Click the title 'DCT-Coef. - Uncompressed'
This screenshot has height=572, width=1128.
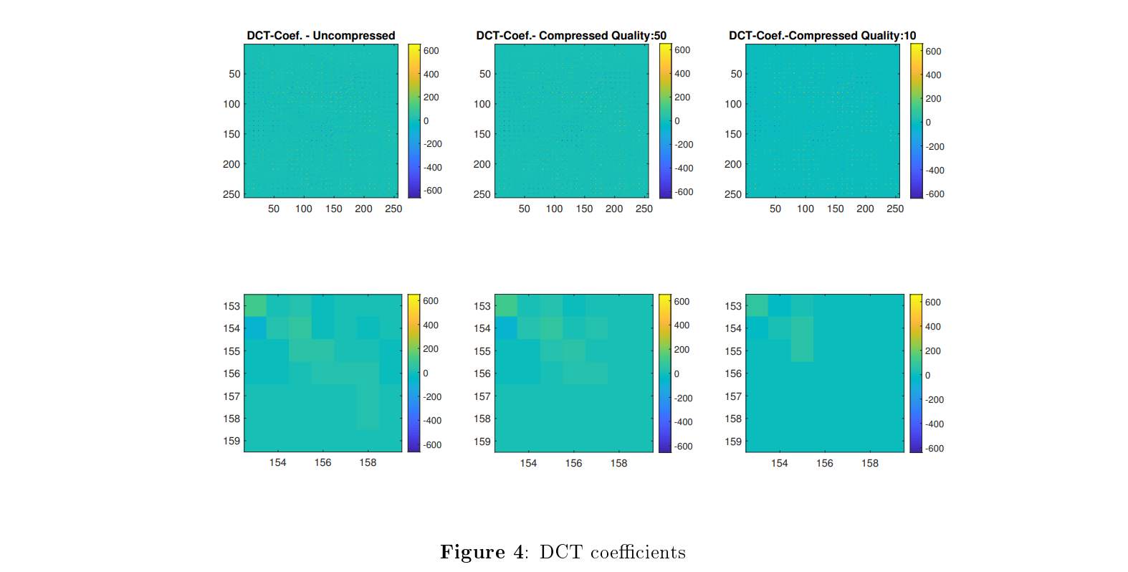pyautogui.click(x=320, y=35)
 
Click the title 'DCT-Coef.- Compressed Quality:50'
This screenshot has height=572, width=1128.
pyautogui.click(x=571, y=35)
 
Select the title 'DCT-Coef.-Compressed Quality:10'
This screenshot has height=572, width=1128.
pyautogui.click(x=822, y=35)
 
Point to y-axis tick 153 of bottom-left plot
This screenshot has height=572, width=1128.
pyautogui.click(x=231, y=306)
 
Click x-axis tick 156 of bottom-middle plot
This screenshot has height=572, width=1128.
pyautogui.click(x=573, y=463)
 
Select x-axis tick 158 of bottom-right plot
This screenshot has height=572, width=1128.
pyautogui.click(x=869, y=463)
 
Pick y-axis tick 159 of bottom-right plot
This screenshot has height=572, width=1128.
pyautogui.click(x=733, y=442)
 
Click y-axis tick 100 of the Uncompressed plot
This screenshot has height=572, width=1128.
pyautogui.click(x=231, y=104)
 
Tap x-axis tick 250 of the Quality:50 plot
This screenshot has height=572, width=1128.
pyautogui.click(x=644, y=209)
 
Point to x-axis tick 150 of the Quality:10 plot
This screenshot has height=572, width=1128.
pyautogui.click(x=835, y=209)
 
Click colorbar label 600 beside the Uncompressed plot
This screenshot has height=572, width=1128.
pyautogui.click(x=431, y=51)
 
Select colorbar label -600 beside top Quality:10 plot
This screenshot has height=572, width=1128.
pyautogui.click(x=935, y=194)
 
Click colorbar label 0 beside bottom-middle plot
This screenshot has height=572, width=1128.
pyautogui.click(x=677, y=374)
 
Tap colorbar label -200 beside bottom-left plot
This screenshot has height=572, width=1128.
pyautogui.click(x=432, y=397)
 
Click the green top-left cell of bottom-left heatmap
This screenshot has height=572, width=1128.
pyautogui.click(x=255, y=305)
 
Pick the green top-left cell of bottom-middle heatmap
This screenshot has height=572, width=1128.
pyautogui.click(x=506, y=305)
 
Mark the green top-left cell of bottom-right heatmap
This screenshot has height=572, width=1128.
pyautogui.click(x=757, y=305)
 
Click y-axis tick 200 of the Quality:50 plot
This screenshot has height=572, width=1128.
pyautogui.click(x=482, y=164)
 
